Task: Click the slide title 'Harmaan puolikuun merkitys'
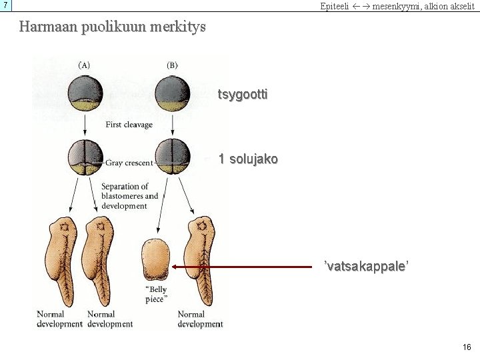[113, 27]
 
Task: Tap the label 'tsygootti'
[243, 95]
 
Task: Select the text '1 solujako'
[248, 159]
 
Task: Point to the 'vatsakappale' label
[366, 266]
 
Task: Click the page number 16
[467, 347]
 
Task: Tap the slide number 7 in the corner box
[5, 5]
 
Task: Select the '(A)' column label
[85, 65]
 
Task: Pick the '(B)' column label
[172, 65]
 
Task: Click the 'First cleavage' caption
[129, 125]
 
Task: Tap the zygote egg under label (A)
[85, 94]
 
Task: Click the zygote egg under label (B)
[172, 94]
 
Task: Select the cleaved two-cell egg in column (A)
[85, 158]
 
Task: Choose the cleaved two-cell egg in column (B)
[172, 158]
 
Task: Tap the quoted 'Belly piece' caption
[156, 294]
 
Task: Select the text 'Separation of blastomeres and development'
[130, 196]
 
